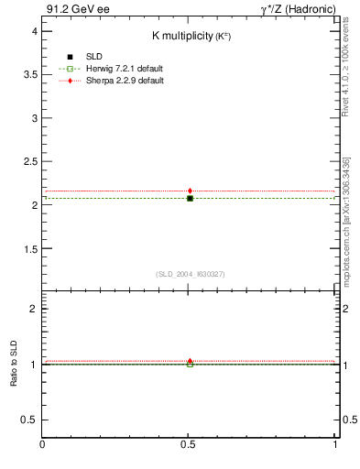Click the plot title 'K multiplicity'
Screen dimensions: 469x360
pos(189,36)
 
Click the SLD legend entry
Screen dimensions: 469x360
pos(80,57)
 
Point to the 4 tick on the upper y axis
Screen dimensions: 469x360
pos(33,31)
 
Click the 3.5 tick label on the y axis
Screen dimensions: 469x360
pos(29,75)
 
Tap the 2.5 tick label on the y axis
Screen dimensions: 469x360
pos(29,162)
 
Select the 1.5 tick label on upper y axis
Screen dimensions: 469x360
pos(29,249)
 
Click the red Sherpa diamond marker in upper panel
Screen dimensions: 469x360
pos(190,191)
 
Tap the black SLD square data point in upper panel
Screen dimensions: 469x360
pos(190,198)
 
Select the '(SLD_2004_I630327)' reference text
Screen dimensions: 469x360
pos(190,274)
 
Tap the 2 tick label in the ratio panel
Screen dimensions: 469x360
pos(33,309)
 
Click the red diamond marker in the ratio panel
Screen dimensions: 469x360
pos(190,361)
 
